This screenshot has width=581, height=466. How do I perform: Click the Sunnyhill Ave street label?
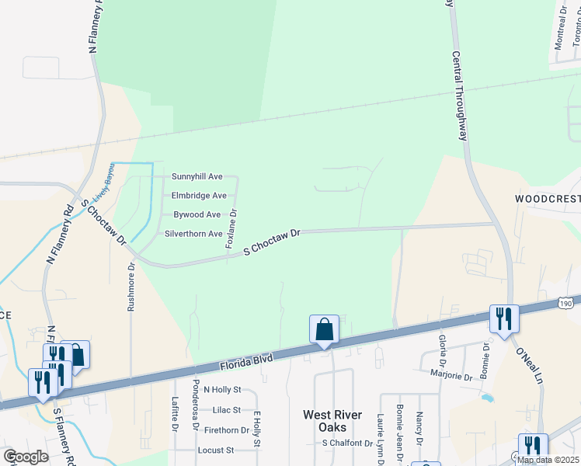197,177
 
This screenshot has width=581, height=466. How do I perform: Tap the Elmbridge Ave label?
199,196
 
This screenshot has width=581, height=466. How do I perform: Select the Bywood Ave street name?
197,214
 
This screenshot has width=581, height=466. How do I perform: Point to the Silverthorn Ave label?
194,234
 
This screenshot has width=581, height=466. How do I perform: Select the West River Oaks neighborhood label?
332,421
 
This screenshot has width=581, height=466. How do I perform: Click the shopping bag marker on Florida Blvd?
324,329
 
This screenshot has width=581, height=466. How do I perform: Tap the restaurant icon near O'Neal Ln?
503,318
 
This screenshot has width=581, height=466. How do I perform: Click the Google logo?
26,457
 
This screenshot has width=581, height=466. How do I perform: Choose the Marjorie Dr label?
451,376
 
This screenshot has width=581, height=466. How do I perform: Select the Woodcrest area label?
548,199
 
